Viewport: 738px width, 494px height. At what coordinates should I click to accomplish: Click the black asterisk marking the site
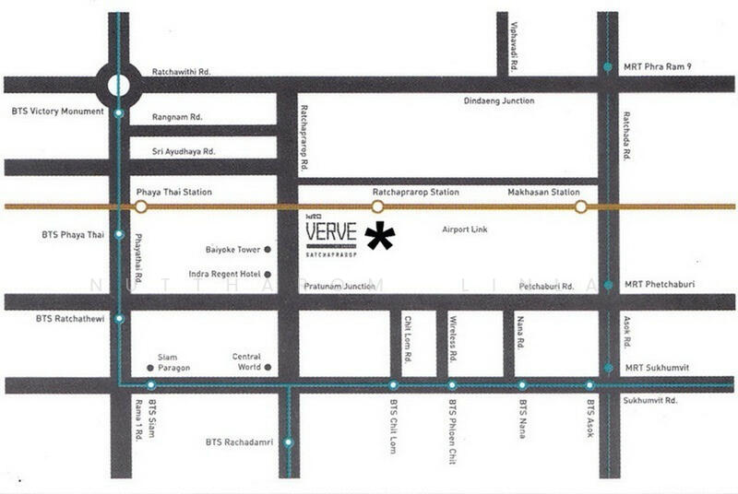click(380, 237)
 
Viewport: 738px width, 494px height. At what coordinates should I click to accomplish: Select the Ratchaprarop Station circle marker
click(377, 206)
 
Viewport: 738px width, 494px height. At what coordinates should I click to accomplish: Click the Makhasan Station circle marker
click(580, 206)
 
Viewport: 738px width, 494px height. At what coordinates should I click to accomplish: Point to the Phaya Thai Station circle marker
click(140, 206)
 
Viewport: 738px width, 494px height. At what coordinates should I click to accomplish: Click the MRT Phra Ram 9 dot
click(607, 67)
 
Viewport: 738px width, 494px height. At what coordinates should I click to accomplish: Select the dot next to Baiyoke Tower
click(268, 250)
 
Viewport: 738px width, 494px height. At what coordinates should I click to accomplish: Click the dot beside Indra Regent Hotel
click(268, 274)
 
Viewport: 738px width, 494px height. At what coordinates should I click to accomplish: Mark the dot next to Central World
click(268, 367)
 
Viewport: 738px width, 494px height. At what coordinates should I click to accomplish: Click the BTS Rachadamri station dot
click(289, 442)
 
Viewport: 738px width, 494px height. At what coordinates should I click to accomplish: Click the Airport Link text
click(465, 229)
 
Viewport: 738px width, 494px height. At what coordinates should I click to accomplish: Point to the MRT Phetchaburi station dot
click(607, 286)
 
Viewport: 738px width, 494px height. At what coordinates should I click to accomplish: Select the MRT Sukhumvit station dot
click(607, 368)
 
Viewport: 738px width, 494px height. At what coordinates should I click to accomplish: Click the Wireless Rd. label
click(453, 337)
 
